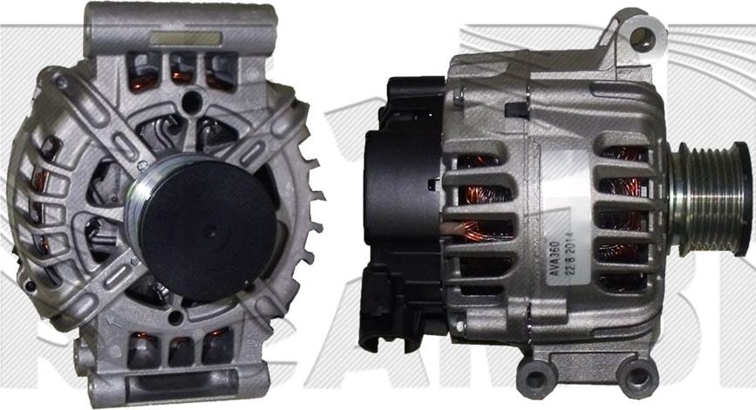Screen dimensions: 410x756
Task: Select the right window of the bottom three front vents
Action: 216,347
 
